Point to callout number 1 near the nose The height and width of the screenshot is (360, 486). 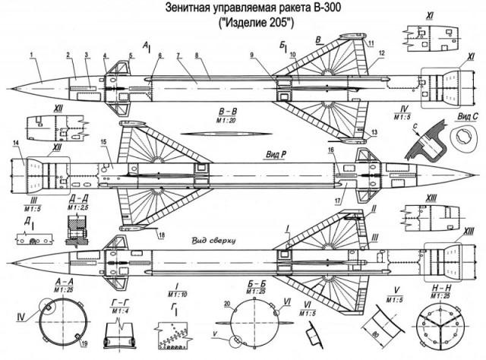coord(32,55)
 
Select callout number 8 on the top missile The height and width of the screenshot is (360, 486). coord(197,55)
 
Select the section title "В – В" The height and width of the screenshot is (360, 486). coord(207,109)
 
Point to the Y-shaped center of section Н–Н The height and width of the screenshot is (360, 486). coord(440,327)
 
